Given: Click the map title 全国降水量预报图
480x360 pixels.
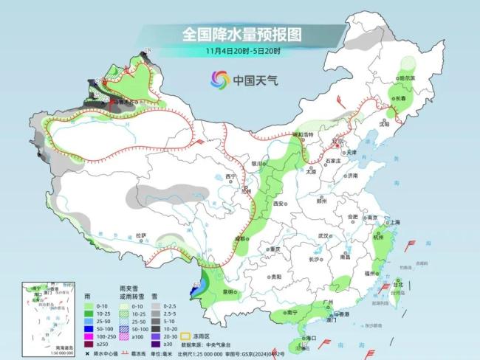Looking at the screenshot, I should (241, 34).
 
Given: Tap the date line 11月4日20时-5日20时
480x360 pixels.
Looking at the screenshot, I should (241, 50).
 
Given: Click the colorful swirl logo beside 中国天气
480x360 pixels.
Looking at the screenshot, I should (219, 79).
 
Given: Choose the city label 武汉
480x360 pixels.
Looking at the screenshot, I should (322, 235).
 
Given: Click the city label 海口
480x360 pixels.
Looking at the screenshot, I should (311, 339).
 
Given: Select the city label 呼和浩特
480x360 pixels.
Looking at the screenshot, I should (301, 135).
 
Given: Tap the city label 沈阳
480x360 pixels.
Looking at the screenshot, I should (383, 125).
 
